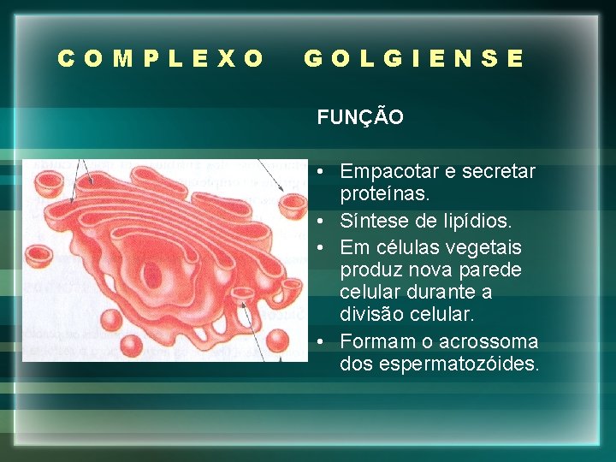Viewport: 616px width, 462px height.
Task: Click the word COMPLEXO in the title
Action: pyautogui.click(x=161, y=59)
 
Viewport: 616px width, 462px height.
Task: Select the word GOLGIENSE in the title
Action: pyautogui.click(x=414, y=59)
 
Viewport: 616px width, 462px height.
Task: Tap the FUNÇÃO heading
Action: pyautogui.click(x=360, y=118)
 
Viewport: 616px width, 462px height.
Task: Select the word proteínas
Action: pyautogui.click(x=385, y=194)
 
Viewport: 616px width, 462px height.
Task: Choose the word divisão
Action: pyautogui.click(x=374, y=315)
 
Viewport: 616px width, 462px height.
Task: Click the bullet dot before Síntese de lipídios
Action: pyautogui.click(x=318, y=222)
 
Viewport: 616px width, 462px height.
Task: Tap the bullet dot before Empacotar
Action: pyautogui.click(x=318, y=171)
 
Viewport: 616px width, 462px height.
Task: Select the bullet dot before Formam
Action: pyautogui.click(x=318, y=341)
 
